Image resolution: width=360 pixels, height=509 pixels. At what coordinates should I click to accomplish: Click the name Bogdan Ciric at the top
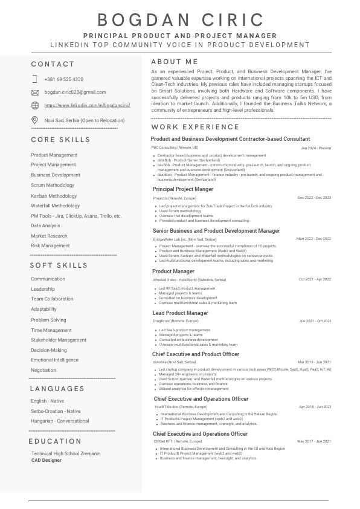pos(180,20)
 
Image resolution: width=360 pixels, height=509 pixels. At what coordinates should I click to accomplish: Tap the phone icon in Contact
pos(34,79)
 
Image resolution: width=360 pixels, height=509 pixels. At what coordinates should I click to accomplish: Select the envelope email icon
pos(34,92)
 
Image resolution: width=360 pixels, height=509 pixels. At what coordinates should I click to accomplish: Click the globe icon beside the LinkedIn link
pos(34,105)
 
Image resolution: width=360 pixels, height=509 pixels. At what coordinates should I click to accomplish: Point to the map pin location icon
pos(34,120)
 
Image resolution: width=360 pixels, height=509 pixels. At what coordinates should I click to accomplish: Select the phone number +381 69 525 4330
pos(64,79)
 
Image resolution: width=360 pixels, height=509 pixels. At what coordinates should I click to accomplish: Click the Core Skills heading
pos(60,140)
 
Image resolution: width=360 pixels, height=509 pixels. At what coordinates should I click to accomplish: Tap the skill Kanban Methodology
pos(54,196)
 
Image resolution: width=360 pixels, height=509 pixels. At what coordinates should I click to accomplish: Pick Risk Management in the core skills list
pos(50,245)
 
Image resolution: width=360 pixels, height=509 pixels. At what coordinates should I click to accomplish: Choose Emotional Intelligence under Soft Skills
pos(54,360)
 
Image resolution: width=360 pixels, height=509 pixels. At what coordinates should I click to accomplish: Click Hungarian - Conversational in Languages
pos(60,421)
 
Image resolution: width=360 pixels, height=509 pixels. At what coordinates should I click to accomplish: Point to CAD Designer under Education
pos(47,460)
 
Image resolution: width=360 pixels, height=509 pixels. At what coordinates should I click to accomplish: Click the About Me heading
pos(175,62)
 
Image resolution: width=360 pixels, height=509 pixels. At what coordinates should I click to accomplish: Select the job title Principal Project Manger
pos(183,189)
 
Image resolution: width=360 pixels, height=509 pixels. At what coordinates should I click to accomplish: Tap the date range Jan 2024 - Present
pos(316,148)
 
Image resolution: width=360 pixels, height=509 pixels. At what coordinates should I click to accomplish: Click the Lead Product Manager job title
pos(181,313)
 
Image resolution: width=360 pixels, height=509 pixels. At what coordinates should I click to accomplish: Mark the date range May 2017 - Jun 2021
pos(314,441)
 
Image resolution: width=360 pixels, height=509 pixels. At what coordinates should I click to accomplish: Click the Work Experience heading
pos(195,127)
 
